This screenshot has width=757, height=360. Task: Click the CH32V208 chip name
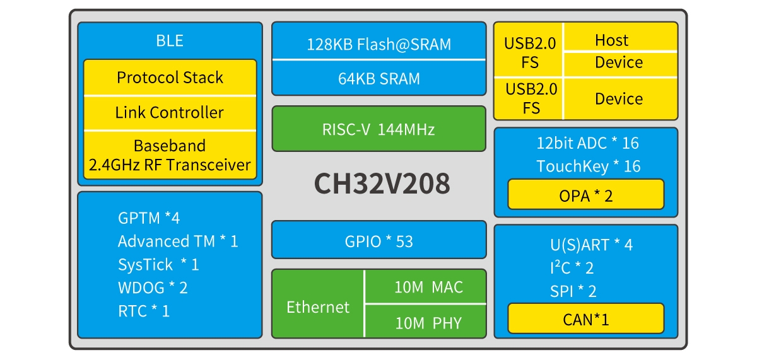pyautogui.click(x=382, y=183)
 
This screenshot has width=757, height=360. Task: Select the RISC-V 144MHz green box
pyautogui.click(x=378, y=129)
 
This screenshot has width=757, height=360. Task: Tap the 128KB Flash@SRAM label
pyautogui.click(x=378, y=44)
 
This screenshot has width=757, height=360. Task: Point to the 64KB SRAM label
pyautogui.click(x=378, y=79)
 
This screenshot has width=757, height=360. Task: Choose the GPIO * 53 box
pyautogui.click(x=378, y=240)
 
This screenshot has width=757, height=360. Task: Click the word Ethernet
pyautogui.click(x=317, y=307)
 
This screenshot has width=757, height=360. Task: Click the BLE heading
pyautogui.click(x=170, y=41)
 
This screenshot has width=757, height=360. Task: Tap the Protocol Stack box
pyautogui.click(x=170, y=78)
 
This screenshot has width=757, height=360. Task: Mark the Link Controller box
pyautogui.click(x=170, y=113)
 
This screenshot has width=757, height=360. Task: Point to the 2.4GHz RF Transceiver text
pyautogui.click(x=170, y=166)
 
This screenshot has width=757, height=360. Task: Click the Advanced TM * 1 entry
pyautogui.click(x=178, y=241)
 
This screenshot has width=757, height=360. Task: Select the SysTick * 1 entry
pyautogui.click(x=158, y=264)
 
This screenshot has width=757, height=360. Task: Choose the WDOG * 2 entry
pyautogui.click(x=153, y=287)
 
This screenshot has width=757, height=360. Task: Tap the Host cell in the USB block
pyautogui.click(x=611, y=40)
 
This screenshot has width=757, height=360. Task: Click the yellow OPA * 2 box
pyautogui.click(x=585, y=195)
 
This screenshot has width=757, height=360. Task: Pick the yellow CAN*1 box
pyautogui.click(x=585, y=319)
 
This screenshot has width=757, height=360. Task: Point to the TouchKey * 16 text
pyautogui.click(x=588, y=166)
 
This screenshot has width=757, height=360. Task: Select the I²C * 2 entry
pyautogui.click(x=572, y=267)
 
